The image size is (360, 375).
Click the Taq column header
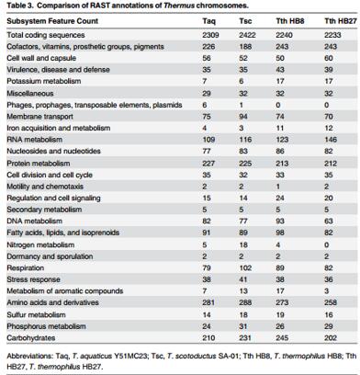point(209,21)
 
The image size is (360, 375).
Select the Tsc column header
point(245,21)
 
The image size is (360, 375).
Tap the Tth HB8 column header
point(290,21)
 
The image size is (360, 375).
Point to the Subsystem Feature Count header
point(52,21)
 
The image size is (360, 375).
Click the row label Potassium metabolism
point(44,81)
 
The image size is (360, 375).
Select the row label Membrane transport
point(39,117)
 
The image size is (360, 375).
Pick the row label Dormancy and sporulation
point(50,256)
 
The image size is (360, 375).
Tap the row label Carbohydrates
point(31,338)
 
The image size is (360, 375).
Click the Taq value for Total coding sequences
point(210,35)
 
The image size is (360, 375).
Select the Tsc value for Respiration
point(245,267)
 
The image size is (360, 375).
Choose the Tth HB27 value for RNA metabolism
point(331,140)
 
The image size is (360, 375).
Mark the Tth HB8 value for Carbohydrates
point(282,338)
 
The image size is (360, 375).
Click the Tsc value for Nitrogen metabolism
point(243,244)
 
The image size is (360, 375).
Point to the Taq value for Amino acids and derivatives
point(208,302)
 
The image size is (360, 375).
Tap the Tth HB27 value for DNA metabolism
point(329,221)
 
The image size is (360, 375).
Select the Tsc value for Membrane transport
point(243,117)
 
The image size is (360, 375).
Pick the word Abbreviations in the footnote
point(29,356)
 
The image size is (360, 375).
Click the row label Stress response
point(33,279)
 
